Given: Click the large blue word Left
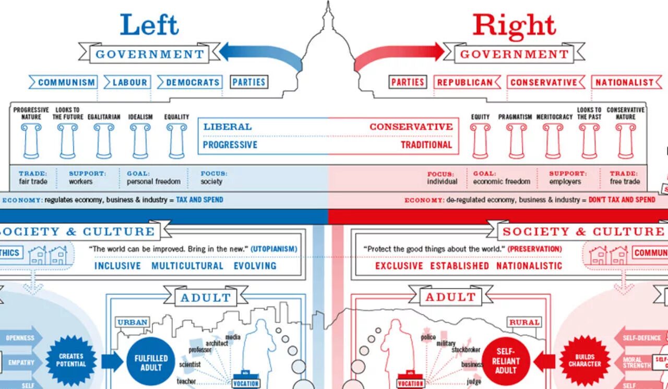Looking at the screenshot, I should pyautogui.click(x=149, y=25).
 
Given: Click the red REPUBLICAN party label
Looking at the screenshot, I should pyautogui.click(x=464, y=82).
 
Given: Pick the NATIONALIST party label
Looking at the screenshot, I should pyautogui.click(x=624, y=82).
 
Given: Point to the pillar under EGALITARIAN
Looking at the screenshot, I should pyautogui.click(x=104, y=141).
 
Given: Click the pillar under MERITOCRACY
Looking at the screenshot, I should pyautogui.click(x=554, y=141).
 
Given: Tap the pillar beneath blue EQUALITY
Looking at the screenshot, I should pyautogui.click(x=176, y=141).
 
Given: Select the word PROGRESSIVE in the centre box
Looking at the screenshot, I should pyautogui.click(x=230, y=145).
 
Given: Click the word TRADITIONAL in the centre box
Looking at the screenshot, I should pyautogui.click(x=426, y=145).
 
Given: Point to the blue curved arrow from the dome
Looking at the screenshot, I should pyautogui.click(x=261, y=54).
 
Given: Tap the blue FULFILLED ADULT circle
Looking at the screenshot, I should pyautogui.click(x=151, y=362).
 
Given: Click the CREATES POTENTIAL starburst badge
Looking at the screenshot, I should pyautogui.click(x=71, y=360).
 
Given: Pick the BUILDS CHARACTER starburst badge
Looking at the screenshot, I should pyautogui.click(x=584, y=360).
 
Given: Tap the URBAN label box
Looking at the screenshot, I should pyautogui.click(x=133, y=322).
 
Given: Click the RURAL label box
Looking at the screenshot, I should pyautogui.click(x=524, y=322).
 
